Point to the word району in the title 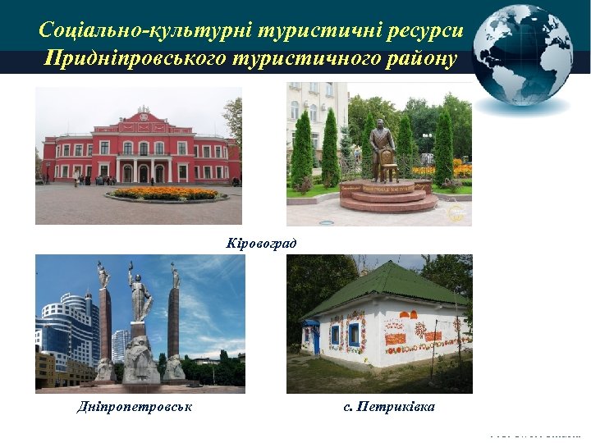point(417,59)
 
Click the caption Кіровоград point(261,243)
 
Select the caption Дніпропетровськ point(135,407)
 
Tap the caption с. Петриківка point(389,407)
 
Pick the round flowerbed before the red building point(167,194)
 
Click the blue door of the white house point(313,336)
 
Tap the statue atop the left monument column point(103,274)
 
